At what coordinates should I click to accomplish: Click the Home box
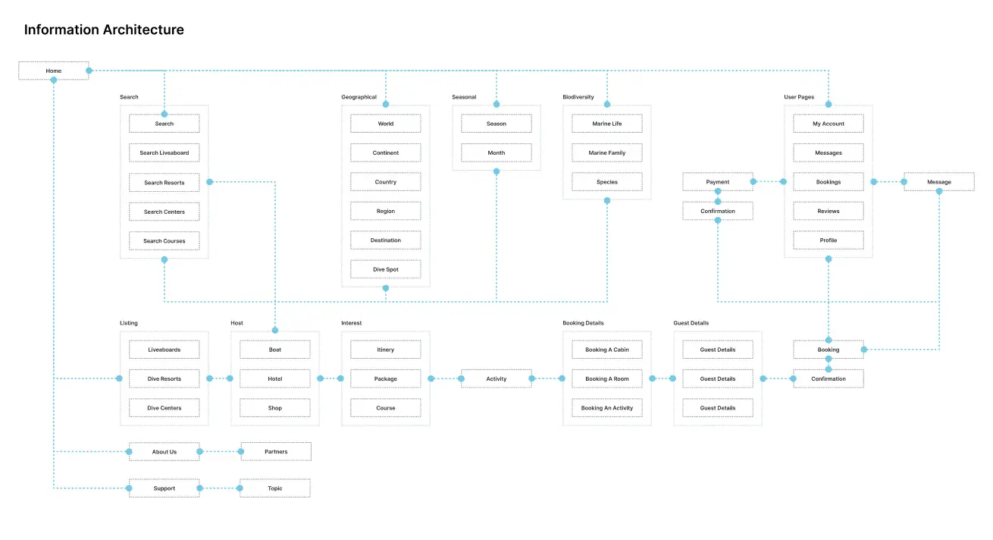53,71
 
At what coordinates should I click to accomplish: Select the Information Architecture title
104,30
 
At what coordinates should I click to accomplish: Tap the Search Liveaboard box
164,152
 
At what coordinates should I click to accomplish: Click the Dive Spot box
385,269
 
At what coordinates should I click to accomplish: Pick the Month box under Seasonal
496,152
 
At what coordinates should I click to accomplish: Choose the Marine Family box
606,152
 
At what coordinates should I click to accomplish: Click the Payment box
717,182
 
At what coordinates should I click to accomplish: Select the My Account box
828,124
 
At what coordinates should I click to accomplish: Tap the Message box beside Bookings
938,182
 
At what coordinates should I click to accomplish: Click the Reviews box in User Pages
828,211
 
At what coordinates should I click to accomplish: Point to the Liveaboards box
164,350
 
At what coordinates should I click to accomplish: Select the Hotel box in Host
274,378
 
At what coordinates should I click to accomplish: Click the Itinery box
385,350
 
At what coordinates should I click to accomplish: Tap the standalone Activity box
496,378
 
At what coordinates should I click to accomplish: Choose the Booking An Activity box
606,408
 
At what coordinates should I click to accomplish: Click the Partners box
276,452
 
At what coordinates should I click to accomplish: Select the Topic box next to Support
274,488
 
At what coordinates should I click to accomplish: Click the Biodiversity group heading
578,97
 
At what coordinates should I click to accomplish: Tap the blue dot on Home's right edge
89,71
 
